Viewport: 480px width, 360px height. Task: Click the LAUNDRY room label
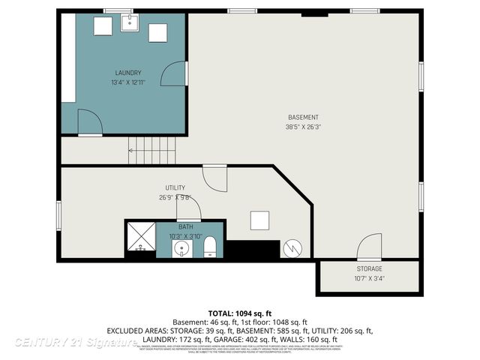pos(129,73)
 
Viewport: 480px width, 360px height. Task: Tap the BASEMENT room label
pos(303,117)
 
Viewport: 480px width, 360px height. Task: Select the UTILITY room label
pos(175,187)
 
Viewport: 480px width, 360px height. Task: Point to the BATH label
pos(185,226)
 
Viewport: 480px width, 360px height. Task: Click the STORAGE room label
pos(369,268)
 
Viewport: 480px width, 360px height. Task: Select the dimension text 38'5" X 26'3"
pos(303,127)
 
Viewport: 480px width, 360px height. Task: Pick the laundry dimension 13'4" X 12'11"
pos(129,82)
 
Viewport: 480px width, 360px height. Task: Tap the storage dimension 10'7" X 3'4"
pos(369,279)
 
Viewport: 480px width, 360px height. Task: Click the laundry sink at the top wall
pos(129,22)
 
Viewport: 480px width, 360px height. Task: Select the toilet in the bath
pos(210,246)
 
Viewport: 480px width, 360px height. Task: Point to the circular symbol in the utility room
pos(292,248)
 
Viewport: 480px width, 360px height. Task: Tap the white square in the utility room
pos(260,220)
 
